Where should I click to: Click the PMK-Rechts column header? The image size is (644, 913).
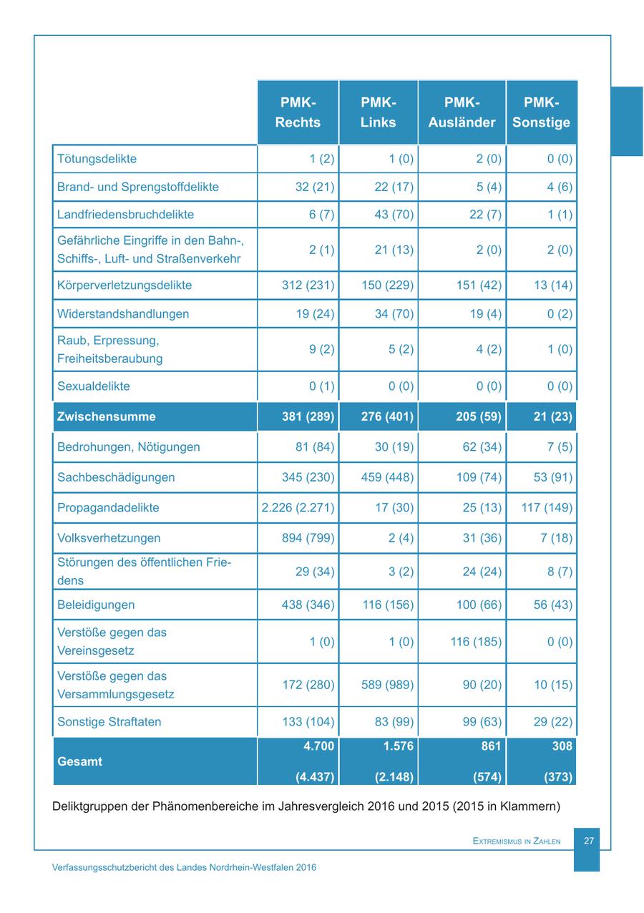click(298, 112)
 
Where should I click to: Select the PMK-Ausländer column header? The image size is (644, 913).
click(462, 112)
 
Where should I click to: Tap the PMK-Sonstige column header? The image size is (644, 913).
click(541, 112)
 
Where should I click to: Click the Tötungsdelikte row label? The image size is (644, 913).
click(97, 159)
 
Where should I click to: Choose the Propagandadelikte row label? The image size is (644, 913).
click(108, 508)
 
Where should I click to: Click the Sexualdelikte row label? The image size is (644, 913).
click(93, 386)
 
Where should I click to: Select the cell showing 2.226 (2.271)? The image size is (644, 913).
click(298, 508)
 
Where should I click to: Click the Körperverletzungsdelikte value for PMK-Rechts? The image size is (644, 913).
click(308, 285)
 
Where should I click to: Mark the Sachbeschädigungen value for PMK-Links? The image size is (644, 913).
click(387, 477)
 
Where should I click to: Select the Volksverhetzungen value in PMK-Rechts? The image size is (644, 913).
click(308, 538)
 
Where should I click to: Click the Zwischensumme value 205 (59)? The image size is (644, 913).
click(478, 416)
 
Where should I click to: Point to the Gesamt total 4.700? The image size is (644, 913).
click(318, 746)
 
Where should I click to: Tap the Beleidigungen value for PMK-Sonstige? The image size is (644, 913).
click(553, 605)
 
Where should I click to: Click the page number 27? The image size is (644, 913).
click(589, 841)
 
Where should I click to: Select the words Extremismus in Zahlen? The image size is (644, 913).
click(517, 841)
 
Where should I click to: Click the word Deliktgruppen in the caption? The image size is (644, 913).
click(90, 806)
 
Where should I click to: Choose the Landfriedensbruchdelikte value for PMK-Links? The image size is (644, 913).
click(394, 215)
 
